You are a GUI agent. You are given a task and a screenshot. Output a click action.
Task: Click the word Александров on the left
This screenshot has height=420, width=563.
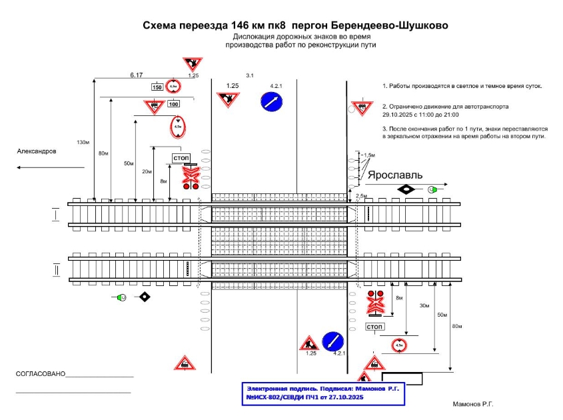(37, 151)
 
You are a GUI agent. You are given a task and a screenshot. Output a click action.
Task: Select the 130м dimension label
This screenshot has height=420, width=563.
(83, 142)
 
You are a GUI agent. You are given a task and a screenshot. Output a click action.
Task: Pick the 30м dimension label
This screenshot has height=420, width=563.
(424, 305)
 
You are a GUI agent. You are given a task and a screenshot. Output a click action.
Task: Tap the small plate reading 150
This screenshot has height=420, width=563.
(157, 87)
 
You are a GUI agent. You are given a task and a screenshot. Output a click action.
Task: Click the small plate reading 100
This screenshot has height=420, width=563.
(173, 103)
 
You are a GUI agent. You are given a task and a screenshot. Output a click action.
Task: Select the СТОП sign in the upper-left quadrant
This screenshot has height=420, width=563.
(181, 157)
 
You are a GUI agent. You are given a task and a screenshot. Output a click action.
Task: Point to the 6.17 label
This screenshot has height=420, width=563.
(137, 76)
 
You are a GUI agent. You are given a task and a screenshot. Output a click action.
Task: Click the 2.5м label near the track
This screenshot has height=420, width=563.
(362, 195)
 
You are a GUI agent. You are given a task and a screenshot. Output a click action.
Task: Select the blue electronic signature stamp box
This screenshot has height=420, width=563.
(323, 393)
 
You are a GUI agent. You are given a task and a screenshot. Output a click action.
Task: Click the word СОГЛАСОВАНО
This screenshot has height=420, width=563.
(41, 374)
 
